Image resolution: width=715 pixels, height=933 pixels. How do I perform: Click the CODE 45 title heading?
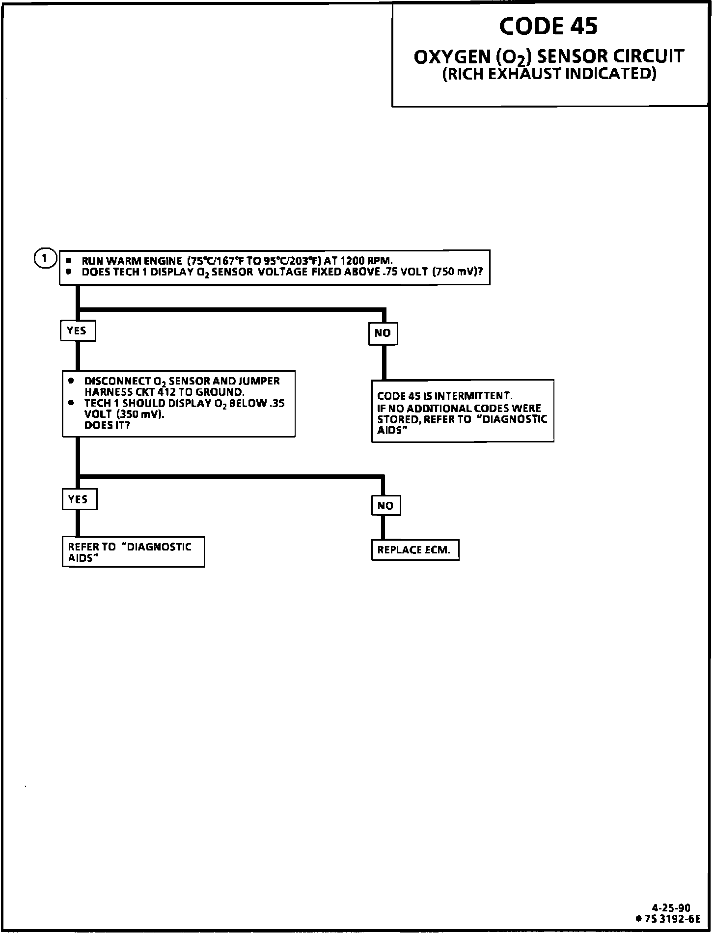pyautogui.click(x=548, y=27)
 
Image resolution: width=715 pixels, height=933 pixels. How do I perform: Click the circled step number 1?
pyautogui.click(x=45, y=258)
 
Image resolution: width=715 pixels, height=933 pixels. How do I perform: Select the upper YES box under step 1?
pyautogui.click(x=78, y=330)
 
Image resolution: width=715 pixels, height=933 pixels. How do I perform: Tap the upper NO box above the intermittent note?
pyautogui.click(x=383, y=333)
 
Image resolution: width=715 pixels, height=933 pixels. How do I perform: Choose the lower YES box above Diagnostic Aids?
pyautogui.click(x=79, y=499)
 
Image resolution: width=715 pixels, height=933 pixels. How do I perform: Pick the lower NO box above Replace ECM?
pyautogui.click(x=386, y=506)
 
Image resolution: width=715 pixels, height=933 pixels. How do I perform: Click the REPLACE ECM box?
pyautogui.click(x=415, y=550)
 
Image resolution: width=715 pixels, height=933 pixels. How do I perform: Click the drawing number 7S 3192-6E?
pyautogui.click(x=672, y=918)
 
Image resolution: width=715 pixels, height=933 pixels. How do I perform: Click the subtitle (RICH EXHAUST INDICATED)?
pyautogui.click(x=549, y=74)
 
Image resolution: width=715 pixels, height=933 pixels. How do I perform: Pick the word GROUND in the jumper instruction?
pyautogui.click(x=220, y=392)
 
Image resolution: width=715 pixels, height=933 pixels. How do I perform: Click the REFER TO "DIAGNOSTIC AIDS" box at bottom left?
pyautogui.click(x=133, y=552)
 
